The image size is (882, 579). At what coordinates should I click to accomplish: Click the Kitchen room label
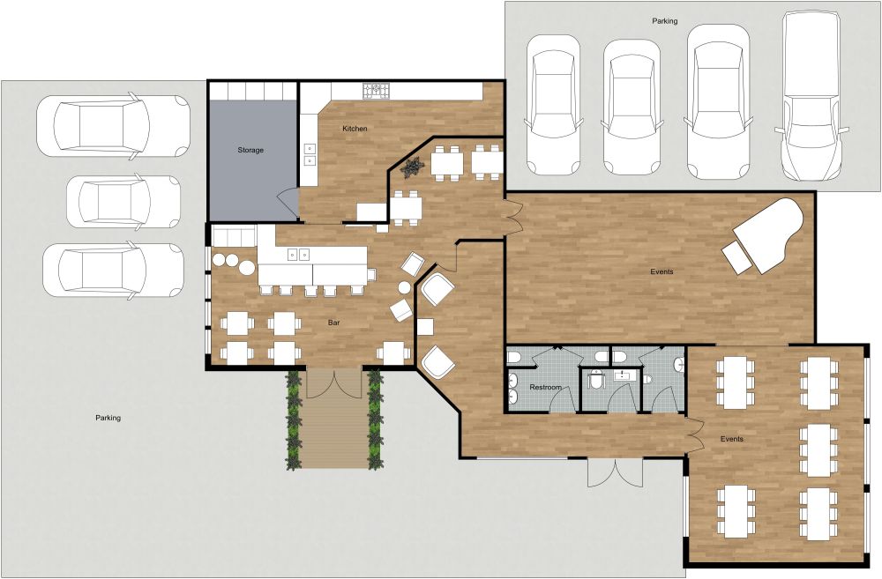(355, 129)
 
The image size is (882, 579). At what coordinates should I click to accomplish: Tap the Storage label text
(250, 151)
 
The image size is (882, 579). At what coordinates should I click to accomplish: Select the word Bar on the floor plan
(334, 323)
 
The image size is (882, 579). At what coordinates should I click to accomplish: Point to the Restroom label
(546, 388)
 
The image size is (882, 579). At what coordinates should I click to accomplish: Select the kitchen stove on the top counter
(377, 90)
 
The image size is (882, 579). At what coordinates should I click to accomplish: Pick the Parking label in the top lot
(664, 20)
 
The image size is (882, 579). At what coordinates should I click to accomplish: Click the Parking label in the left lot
(108, 418)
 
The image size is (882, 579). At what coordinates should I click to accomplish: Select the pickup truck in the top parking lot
(812, 97)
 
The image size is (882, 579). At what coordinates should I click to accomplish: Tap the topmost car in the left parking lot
(113, 125)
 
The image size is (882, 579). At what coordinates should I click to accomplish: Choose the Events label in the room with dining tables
(731, 439)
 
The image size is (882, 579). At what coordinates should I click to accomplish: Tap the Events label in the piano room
(661, 271)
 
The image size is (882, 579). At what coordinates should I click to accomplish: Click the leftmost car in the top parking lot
(553, 104)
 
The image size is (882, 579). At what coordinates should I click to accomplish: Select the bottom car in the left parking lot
(113, 270)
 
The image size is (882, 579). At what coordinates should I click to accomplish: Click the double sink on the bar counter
(298, 256)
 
